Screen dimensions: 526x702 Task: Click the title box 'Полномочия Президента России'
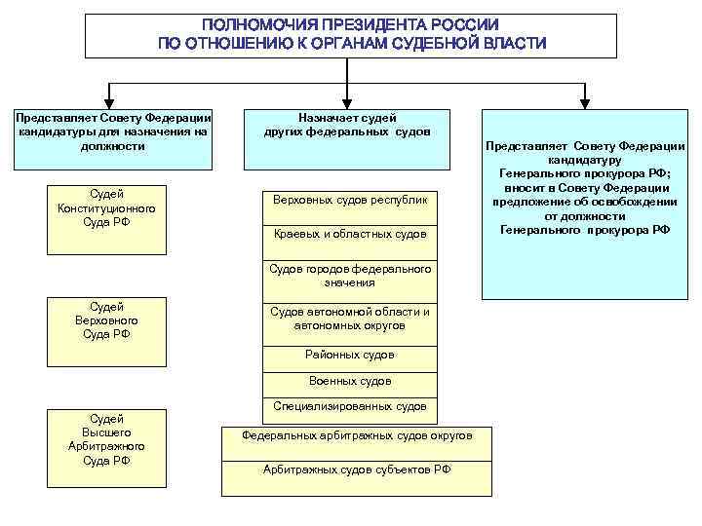click(x=351, y=35)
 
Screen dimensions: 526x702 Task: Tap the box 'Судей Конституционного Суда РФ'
click(x=106, y=207)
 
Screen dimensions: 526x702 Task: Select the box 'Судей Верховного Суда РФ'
click(x=106, y=320)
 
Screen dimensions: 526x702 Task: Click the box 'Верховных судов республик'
click(x=350, y=199)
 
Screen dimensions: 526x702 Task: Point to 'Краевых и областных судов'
click(x=350, y=234)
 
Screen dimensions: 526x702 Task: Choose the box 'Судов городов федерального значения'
click(x=350, y=275)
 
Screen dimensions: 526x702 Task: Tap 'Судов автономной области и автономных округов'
click(x=350, y=319)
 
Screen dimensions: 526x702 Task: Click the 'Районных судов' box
click(x=350, y=355)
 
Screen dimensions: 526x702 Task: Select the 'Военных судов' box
click(x=350, y=381)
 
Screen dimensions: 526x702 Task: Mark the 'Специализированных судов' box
click(x=350, y=406)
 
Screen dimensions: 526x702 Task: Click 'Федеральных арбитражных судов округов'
click(x=357, y=435)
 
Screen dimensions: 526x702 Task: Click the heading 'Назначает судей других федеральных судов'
click(x=347, y=124)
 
